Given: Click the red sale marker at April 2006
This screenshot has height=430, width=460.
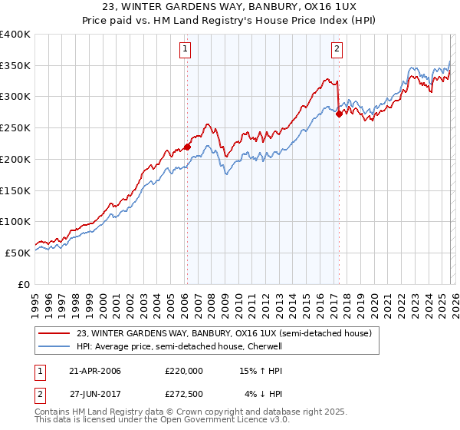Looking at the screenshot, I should [x=187, y=147].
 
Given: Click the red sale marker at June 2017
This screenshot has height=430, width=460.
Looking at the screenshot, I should [x=339, y=114].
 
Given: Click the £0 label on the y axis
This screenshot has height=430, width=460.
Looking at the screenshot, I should [x=23, y=284].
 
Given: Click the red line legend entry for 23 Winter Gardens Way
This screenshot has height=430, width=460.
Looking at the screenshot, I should [x=224, y=333].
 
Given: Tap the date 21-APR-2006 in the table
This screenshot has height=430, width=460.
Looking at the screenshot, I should [x=94, y=371].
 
